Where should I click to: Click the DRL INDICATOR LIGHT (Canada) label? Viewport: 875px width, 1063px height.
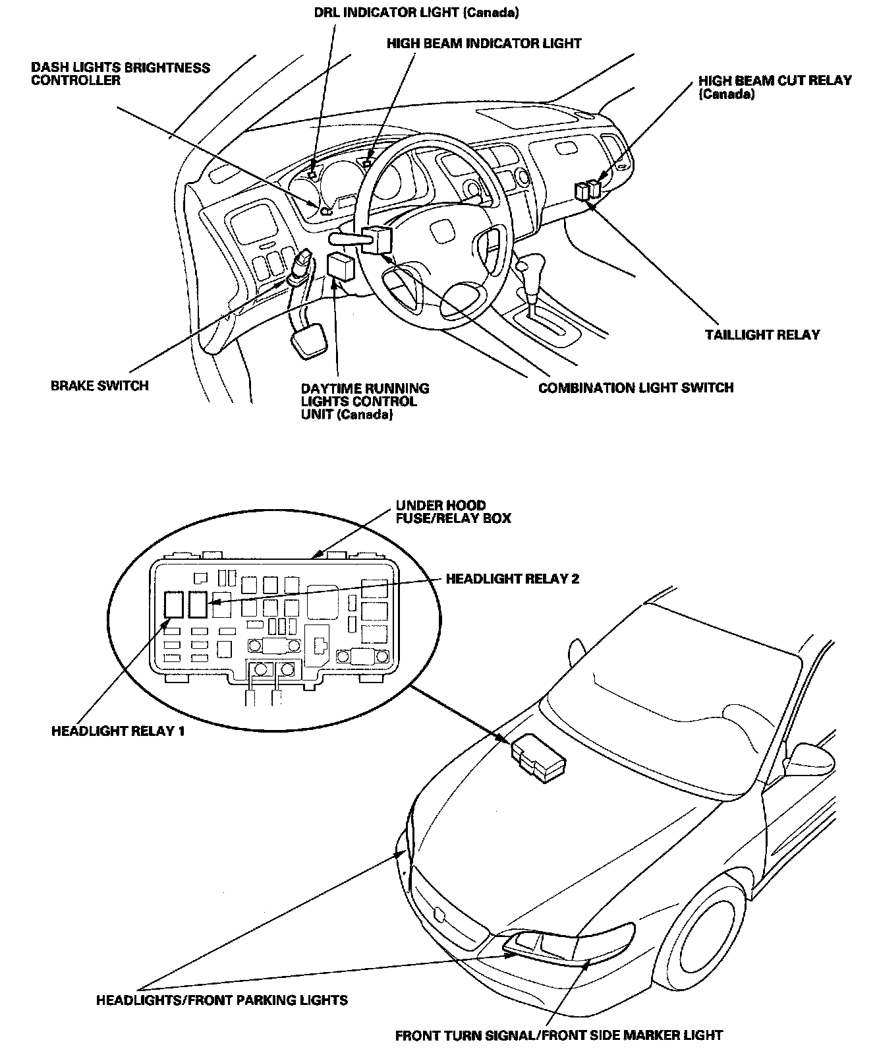coord(416,13)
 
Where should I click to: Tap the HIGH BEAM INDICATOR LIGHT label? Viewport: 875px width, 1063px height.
coord(484,44)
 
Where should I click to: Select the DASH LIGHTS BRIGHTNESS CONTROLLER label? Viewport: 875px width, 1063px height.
coord(121,74)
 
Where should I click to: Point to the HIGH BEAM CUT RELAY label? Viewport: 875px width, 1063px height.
coord(775,87)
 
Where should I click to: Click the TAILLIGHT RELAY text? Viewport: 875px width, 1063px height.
coord(762,334)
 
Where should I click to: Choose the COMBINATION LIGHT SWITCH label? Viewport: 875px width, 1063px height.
coord(636,388)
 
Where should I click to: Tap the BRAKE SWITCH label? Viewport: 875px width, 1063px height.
coord(99,386)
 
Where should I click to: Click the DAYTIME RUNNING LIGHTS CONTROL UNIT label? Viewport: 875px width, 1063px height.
coord(364,402)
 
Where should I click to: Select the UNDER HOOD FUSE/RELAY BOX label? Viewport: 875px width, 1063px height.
coord(453,512)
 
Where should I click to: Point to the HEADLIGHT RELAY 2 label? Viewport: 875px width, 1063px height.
coord(513,579)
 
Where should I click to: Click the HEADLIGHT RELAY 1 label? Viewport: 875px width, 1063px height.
coord(118,731)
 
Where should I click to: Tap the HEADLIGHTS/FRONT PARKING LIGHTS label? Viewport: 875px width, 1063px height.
coord(222,1000)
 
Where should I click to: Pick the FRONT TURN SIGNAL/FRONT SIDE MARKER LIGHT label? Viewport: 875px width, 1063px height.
coord(559,1035)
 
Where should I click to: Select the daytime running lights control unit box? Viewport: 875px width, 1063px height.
coord(341,266)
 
